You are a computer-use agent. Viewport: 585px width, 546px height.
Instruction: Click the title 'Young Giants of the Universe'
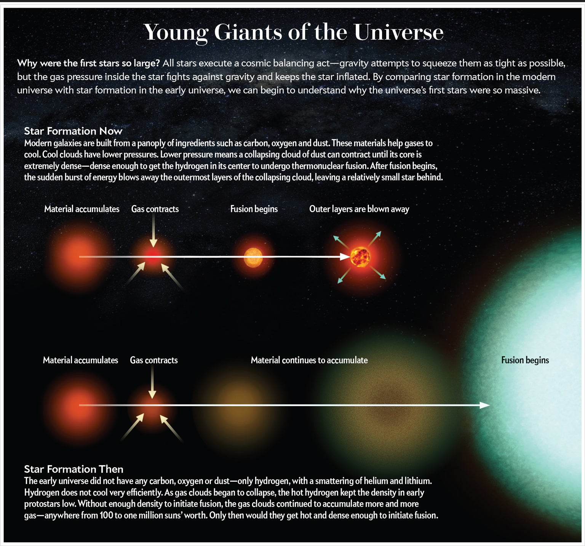point(294,32)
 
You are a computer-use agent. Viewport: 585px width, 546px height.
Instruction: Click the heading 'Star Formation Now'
point(73,131)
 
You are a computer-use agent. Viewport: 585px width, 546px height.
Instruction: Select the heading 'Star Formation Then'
point(74,469)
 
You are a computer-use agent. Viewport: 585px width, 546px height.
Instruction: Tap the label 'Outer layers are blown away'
point(359,209)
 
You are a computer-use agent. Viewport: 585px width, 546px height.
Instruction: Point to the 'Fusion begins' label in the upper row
point(254,209)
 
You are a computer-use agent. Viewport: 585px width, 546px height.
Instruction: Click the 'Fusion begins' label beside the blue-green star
point(525,360)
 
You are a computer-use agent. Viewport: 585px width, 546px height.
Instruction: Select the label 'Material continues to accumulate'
point(309,360)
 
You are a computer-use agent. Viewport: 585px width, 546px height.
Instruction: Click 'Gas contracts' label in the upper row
point(155,209)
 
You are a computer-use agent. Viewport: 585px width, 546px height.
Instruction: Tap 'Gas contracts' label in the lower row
point(154,360)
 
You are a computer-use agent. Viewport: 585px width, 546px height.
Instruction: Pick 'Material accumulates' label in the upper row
point(82,209)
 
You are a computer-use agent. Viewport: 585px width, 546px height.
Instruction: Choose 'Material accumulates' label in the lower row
point(80,360)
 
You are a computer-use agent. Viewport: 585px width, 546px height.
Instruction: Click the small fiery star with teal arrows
point(360,257)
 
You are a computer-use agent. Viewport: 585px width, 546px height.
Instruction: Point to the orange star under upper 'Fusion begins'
point(253,257)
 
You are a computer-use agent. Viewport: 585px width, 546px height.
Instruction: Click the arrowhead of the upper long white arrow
point(345,257)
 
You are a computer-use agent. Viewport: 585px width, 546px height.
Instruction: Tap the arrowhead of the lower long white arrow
point(485,405)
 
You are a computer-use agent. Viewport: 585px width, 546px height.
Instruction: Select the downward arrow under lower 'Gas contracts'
point(152,382)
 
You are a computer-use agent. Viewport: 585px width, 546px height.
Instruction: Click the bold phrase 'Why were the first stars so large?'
point(88,63)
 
